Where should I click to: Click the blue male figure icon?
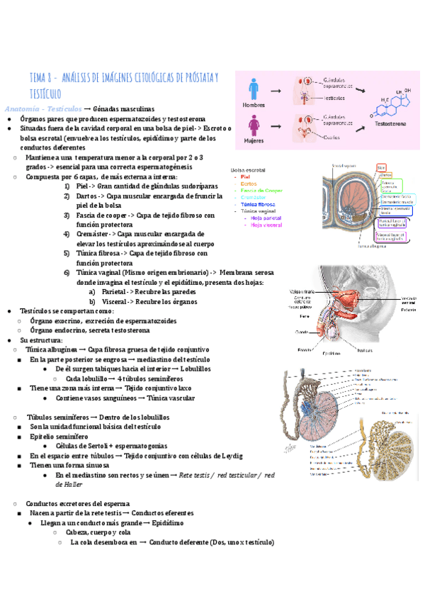tap(254, 88)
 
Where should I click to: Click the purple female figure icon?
tap(254, 126)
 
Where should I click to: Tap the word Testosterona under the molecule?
tap(390, 123)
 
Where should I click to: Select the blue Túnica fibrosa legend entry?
tap(257, 204)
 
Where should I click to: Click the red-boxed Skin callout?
tap(381, 166)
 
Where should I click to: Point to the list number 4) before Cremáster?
tap(67, 233)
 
